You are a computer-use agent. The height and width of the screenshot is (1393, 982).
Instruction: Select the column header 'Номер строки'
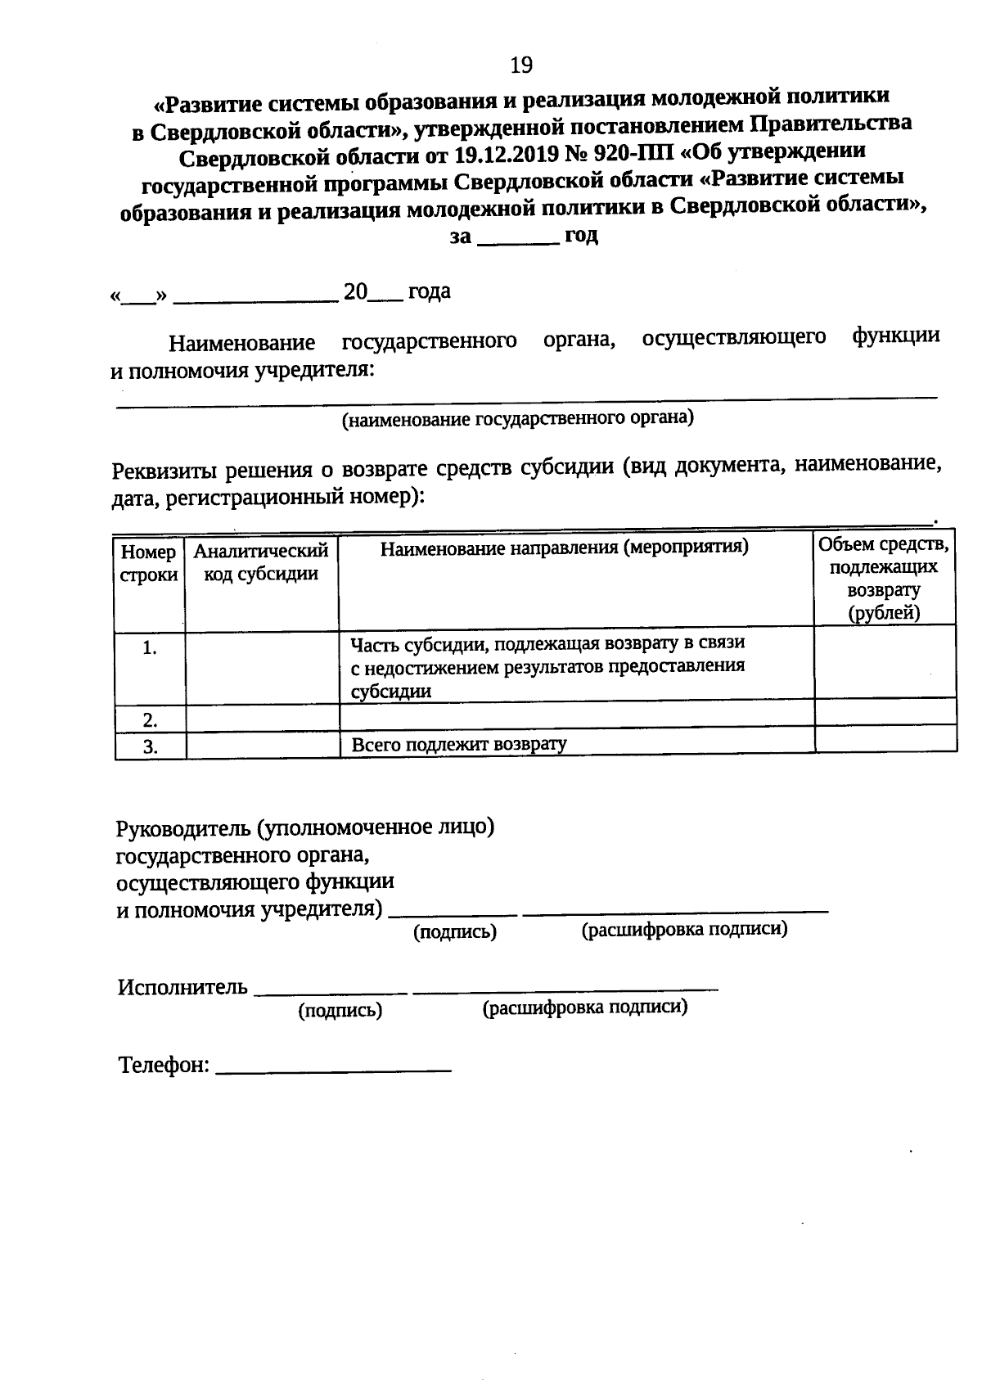149,564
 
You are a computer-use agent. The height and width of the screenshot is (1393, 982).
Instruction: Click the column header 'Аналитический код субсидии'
261,562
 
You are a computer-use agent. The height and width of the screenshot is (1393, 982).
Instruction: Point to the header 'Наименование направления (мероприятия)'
565,548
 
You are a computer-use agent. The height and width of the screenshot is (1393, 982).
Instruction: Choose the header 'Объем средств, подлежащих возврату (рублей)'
884,578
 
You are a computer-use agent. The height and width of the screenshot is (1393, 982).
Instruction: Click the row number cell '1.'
150,648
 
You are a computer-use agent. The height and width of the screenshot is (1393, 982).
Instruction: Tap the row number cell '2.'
150,720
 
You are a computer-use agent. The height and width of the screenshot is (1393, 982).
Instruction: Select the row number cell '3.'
150,746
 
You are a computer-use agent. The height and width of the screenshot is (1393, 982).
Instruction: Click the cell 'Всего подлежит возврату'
459,745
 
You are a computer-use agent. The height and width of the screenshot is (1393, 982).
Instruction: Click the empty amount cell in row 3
885,739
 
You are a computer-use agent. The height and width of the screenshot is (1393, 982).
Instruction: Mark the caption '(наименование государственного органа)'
517,420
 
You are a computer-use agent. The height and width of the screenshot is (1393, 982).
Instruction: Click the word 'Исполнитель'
182,987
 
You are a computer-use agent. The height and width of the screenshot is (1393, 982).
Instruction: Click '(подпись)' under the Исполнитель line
340,1012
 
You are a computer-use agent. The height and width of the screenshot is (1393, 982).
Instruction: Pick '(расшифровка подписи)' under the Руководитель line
684,930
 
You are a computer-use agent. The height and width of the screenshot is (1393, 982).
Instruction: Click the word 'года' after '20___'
430,292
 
